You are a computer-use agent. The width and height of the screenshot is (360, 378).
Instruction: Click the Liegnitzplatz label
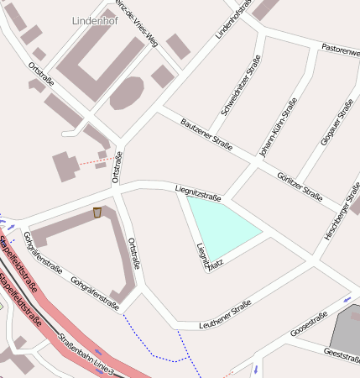click(x=201, y=257)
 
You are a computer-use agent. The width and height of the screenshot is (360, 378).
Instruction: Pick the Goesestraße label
click(x=308, y=325)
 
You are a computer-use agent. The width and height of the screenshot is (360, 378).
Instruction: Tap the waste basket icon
click(x=97, y=213)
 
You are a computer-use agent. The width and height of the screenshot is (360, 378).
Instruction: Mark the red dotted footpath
click(x=91, y=160)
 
